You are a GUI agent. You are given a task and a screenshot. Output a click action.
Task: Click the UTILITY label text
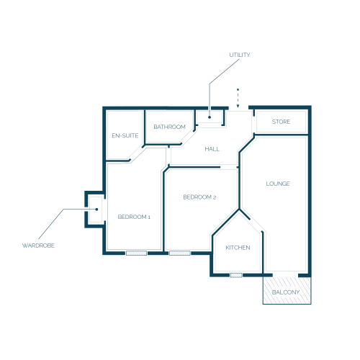pyautogui.click(x=240, y=55)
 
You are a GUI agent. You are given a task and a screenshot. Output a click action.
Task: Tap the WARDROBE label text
pyautogui.click(x=38, y=246)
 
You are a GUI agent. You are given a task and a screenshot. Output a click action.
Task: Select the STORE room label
pyautogui.click(x=281, y=122)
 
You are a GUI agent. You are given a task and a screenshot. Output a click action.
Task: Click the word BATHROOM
pyautogui.click(x=169, y=127)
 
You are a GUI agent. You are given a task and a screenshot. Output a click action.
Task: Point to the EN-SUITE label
pyautogui.click(x=125, y=135)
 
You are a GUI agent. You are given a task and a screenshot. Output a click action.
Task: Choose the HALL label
pyautogui.click(x=212, y=149)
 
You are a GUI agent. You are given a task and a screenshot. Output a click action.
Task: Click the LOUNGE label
pyautogui.click(x=278, y=184)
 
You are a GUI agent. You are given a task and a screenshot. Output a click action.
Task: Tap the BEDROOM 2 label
pyautogui.click(x=199, y=197)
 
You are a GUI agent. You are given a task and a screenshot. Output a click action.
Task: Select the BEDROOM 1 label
pyautogui.click(x=134, y=217)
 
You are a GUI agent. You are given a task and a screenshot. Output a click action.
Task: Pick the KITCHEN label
pyautogui.click(x=238, y=248)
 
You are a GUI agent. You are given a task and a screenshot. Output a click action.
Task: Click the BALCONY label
pyautogui.click(x=286, y=292)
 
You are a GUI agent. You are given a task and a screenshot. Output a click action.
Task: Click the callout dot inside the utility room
pyautogui.click(x=210, y=117)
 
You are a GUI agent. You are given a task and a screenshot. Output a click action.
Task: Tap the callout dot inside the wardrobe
pyautogui.click(x=96, y=210)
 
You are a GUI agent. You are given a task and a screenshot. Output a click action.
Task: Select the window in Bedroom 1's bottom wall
pyautogui.click(x=136, y=253)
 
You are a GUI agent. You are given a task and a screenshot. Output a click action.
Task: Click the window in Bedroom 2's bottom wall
pyautogui.click(x=180, y=253)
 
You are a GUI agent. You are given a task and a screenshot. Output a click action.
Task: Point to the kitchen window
pyautogui.click(x=236, y=275)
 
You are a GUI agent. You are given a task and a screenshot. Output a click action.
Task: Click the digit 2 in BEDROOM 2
pyautogui.click(x=215, y=197)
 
